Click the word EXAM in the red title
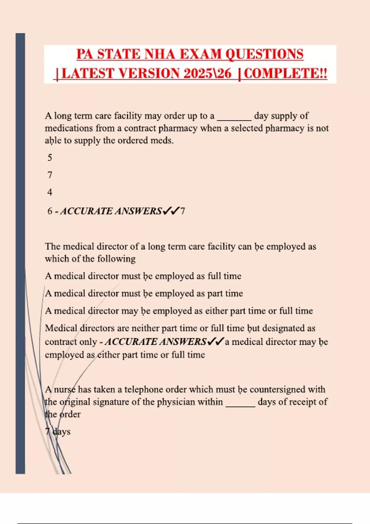coord(200,54)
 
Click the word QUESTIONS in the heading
coord(265,54)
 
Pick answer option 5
coord(50,158)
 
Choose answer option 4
coord(50,192)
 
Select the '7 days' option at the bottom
coord(58,432)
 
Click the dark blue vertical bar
coord(20,253)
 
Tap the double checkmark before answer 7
coord(171,211)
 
